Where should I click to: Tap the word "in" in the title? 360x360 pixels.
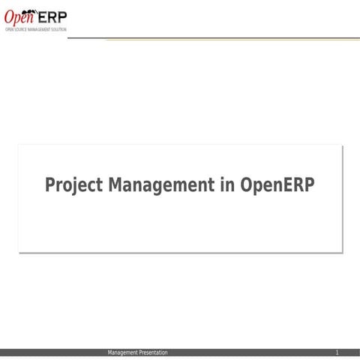[228, 184]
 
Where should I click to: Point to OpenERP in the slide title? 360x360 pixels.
[277, 185]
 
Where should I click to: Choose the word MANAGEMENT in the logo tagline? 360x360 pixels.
[39, 28]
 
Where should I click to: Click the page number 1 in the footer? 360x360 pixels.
[337, 352]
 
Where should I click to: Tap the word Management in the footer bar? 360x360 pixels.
[123, 352]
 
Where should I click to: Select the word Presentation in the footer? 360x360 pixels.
[153, 352]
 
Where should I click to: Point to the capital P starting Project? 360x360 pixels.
[50, 184]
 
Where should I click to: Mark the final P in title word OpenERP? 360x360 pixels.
[308, 184]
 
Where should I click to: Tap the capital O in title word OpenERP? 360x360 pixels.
[247, 184]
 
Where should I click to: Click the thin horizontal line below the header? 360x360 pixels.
[225, 39]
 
